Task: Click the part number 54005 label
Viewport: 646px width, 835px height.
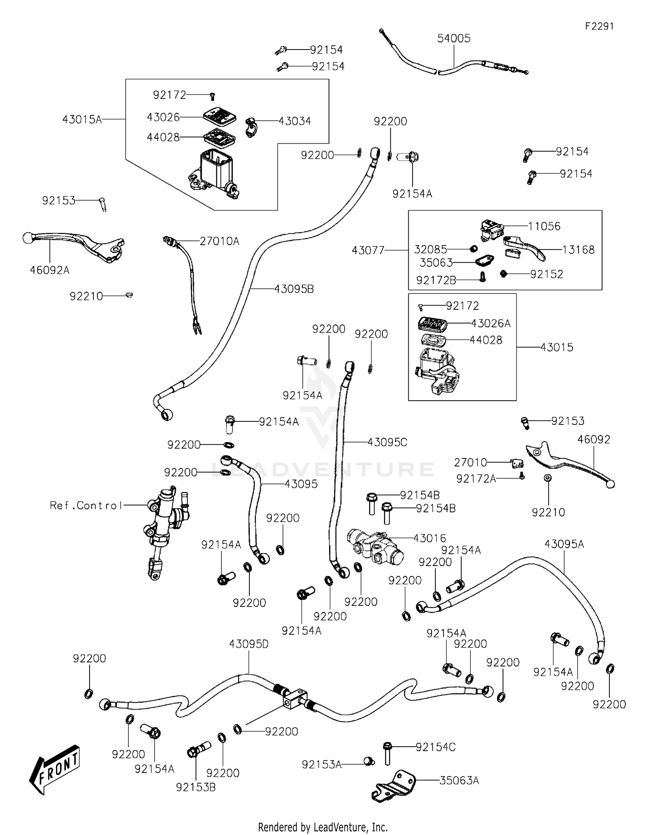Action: click(453, 38)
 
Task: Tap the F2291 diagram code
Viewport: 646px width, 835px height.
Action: click(599, 26)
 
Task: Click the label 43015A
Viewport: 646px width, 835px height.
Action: click(82, 119)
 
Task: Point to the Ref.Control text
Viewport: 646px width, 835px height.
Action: click(86, 505)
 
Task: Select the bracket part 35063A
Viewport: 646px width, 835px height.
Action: click(393, 786)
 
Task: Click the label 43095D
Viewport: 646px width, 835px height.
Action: click(248, 644)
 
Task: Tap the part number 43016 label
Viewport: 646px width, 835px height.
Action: click(429, 538)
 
